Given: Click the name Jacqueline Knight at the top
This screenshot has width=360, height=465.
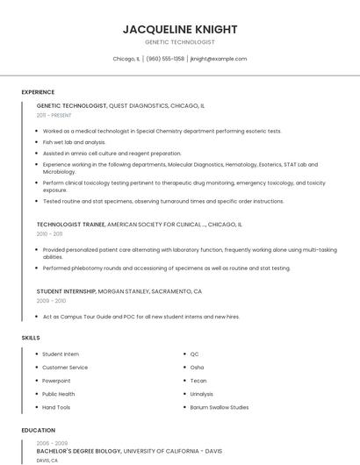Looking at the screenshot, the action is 179,29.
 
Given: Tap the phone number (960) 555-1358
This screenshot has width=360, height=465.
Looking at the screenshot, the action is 165,59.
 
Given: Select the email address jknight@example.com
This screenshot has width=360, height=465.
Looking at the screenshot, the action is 219,59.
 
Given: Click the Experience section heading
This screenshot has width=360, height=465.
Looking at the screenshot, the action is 38,92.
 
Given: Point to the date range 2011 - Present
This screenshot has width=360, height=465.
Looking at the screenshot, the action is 54,115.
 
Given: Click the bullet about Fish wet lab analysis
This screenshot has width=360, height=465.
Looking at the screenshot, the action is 74,142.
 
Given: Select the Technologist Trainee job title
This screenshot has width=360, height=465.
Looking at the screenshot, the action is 70,225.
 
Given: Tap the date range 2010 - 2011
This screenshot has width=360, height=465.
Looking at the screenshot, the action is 49,234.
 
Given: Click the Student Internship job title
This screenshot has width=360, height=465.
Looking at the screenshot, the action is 66,291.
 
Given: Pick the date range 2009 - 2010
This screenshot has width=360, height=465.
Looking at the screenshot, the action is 51,301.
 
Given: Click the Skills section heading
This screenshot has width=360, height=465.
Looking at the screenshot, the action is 31,338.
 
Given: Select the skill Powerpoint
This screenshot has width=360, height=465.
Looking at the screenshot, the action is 56,381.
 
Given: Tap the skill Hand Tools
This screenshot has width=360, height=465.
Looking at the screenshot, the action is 56,407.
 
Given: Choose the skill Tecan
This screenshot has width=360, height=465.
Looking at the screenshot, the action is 198,381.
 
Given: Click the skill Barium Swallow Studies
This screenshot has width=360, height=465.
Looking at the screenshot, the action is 220,407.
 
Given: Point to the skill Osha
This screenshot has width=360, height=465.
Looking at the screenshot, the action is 197,367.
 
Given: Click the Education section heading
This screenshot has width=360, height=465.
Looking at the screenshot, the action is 38,431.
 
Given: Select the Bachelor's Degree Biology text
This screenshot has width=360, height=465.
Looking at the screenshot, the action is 79,451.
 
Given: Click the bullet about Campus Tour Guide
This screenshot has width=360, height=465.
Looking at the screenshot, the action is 140,317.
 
